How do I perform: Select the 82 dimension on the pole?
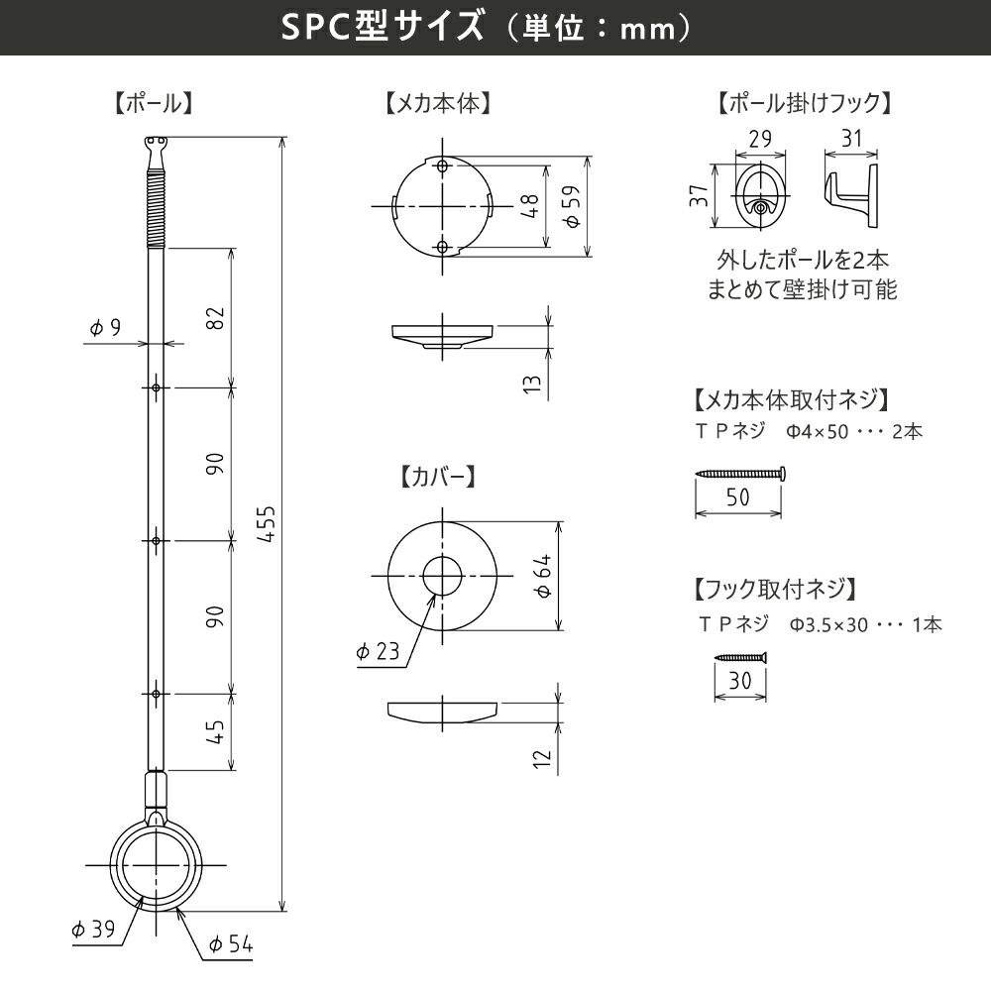point(217,317)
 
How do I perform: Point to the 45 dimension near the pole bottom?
point(217,730)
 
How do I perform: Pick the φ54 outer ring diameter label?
point(231,945)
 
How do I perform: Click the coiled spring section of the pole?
point(155,209)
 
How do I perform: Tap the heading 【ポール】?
point(153,103)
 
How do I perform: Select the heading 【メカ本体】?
point(439,103)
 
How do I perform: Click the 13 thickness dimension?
point(533,383)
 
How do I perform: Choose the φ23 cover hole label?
point(377,651)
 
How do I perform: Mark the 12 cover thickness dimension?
point(540,758)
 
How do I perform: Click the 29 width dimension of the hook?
point(760,140)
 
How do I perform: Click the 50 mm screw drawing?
point(740,474)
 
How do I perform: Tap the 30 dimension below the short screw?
point(739,682)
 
